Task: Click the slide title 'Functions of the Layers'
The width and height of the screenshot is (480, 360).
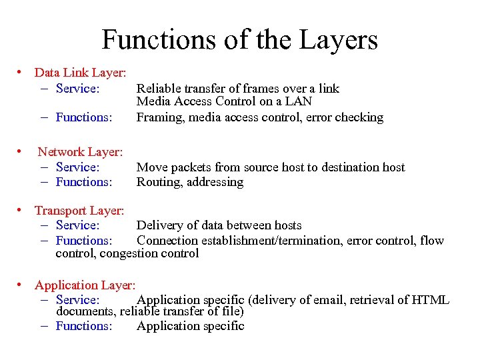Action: (x=239, y=39)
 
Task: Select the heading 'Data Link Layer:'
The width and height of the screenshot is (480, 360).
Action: (x=81, y=73)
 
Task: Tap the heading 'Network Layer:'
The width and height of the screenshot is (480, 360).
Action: (x=80, y=153)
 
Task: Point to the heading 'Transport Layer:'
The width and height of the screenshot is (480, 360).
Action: (x=79, y=211)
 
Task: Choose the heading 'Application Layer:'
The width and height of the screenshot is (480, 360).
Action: (x=85, y=285)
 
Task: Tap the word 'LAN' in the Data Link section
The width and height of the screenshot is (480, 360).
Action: (x=298, y=102)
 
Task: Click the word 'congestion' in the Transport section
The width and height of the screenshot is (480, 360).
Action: (x=137, y=253)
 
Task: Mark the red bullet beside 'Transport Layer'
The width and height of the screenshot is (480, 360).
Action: (x=23, y=210)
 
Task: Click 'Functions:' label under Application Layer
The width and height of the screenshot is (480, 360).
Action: (x=84, y=326)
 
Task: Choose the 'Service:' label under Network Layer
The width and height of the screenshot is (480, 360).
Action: (x=77, y=167)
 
